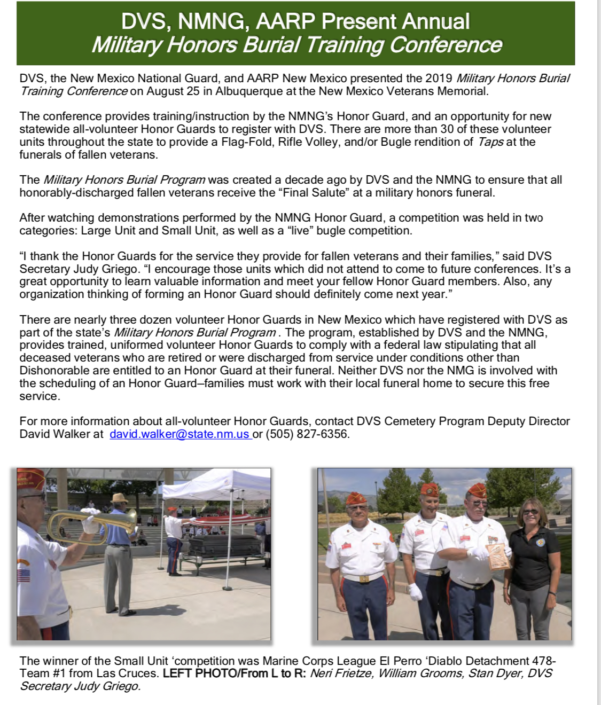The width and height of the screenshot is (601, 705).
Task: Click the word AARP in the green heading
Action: (x=286, y=21)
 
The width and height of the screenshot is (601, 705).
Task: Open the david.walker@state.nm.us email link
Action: (x=179, y=434)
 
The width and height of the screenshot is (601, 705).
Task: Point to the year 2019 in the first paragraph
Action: (x=439, y=79)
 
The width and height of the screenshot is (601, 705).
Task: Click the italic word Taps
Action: (x=490, y=142)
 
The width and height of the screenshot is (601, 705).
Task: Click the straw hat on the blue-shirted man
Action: (x=120, y=498)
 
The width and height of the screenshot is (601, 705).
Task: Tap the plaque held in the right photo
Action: (x=496, y=555)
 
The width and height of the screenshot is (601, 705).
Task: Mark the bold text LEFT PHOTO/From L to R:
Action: (x=235, y=673)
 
